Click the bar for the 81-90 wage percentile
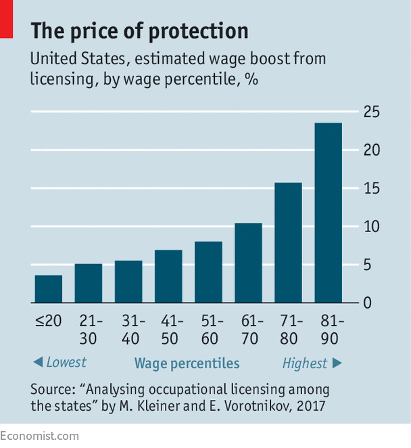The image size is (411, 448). click(x=329, y=212)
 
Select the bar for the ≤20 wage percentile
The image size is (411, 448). click(x=49, y=289)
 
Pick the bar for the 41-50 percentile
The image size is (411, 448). click(x=168, y=276)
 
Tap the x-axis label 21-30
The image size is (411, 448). click(x=89, y=329)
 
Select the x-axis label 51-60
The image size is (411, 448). click(x=208, y=329)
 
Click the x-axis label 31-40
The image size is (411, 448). click(x=128, y=329)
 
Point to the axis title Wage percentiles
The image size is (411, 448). click(x=187, y=363)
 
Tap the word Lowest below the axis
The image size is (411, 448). click(x=66, y=363)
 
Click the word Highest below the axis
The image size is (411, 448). click(x=304, y=363)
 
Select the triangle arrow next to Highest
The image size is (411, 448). click(x=337, y=363)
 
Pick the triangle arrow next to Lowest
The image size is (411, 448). click(x=38, y=363)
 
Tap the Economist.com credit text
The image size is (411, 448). click(x=39, y=436)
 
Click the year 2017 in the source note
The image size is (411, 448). click(x=310, y=406)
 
